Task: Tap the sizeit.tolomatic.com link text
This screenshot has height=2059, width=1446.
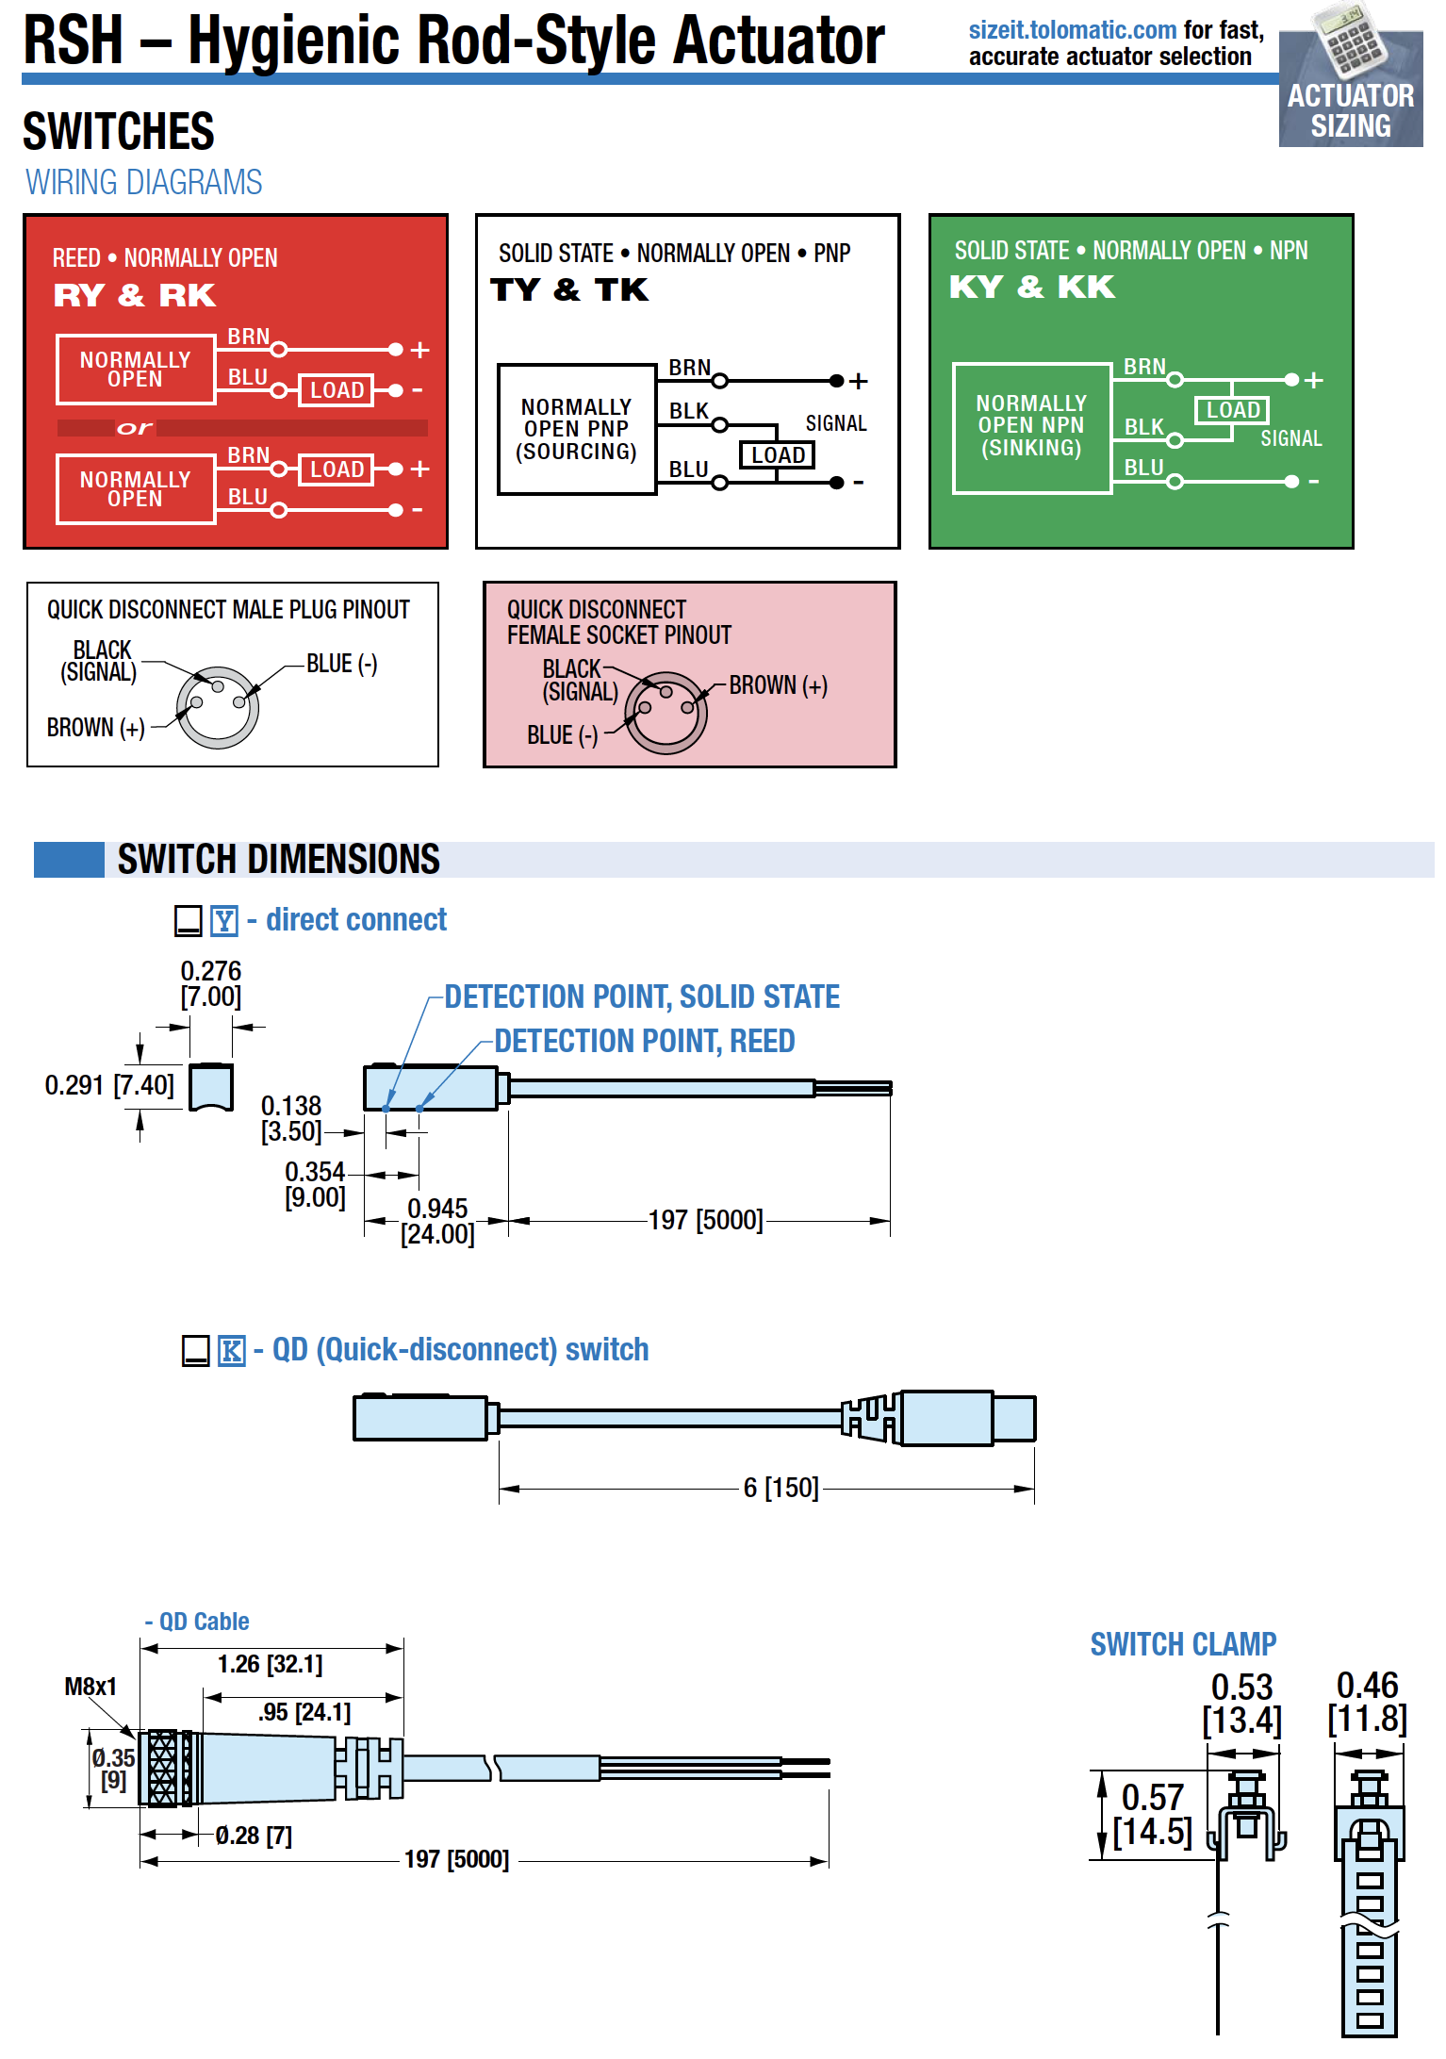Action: coord(1072,31)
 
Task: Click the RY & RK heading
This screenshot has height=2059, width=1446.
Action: coord(135,296)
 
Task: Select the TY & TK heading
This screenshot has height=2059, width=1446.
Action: coord(569,290)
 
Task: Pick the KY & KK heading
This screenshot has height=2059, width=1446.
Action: coord(1031,287)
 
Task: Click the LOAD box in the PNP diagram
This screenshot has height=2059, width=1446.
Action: coord(778,455)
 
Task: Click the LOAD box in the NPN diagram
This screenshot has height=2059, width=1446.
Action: coord(1232,410)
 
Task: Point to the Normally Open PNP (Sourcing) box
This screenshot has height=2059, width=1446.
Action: coord(577,430)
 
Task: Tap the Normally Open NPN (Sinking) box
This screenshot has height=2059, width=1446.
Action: coord(1031,426)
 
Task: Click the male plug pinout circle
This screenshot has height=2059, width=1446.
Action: coord(218,707)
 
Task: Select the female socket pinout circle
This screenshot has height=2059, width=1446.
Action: coord(665,713)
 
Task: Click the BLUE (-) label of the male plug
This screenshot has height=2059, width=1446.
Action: coord(341,664)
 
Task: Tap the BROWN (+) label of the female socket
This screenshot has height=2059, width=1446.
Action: coord(778,685)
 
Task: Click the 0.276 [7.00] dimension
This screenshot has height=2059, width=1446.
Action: coord(211,983)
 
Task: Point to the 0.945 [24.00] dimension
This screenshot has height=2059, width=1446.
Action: coord(437,1221)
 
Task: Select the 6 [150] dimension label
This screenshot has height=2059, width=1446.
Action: coord(781,1488)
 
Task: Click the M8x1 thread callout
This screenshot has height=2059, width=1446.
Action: coord(90,1687)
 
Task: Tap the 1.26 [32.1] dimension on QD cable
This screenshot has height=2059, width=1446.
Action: coord(270,1664)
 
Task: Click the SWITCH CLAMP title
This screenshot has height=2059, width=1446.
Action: coord(1183,1644)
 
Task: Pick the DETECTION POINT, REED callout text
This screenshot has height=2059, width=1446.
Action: coord(645,1041)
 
